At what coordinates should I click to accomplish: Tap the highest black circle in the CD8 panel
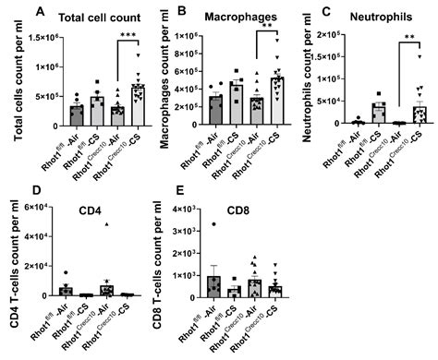coord(213,224)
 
